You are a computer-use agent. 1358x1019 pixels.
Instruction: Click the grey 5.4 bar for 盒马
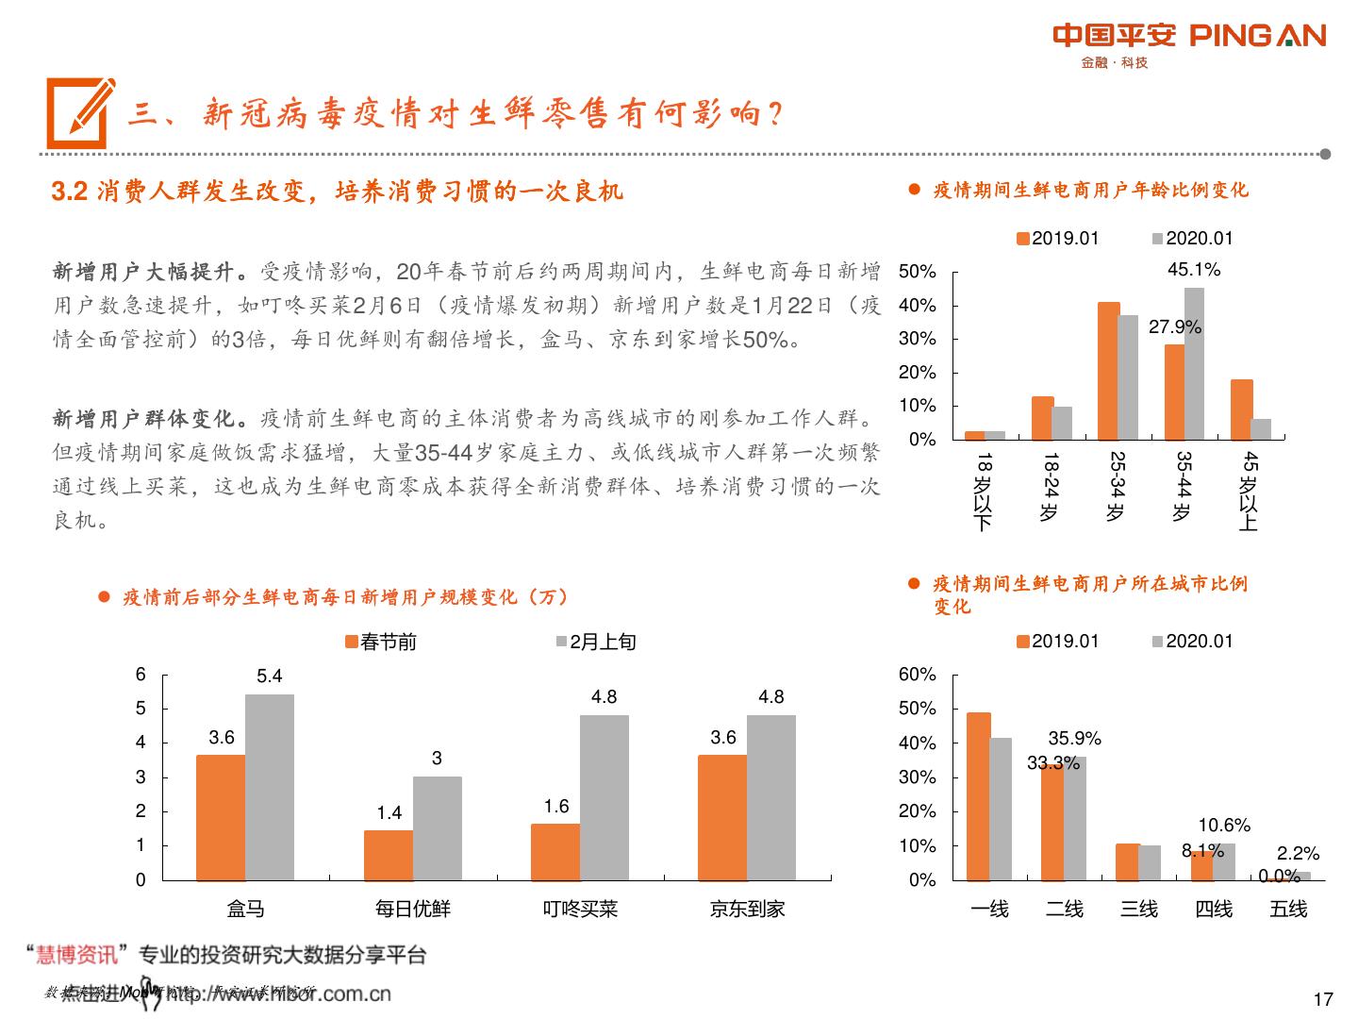[x=270, y=787]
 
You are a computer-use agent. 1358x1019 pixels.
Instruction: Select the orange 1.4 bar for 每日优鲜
[x=388, y=855]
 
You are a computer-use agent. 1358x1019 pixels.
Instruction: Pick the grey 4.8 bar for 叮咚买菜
[x=604, y=797]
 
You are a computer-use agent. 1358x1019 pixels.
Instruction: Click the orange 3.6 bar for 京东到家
[x=722, y=817]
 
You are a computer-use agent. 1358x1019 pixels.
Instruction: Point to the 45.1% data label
[x=1193, y=270]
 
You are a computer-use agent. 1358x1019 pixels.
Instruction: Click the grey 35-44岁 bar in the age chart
[x=1194, y=364]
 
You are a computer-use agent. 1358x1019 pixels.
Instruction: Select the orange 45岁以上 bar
[x=1241, y=409]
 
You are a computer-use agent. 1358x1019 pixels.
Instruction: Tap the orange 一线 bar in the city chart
[x=979, y=795]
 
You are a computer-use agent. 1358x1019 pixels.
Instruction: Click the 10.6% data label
[x=1224, y=826]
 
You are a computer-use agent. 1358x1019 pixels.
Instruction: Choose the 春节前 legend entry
[x=381, y=643]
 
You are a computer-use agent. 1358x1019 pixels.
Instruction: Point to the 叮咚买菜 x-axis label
[x=580, y=910]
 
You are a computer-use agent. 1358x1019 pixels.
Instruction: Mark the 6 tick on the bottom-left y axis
[x=141, y=675]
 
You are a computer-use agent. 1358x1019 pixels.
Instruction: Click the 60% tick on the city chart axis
[x=917, y=675]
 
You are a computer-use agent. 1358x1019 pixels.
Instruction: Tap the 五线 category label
[x=1288, y=910]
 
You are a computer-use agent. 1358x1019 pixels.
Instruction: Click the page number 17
[x=1322, y=999]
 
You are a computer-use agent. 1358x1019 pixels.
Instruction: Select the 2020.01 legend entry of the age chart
[x=1192, y=239]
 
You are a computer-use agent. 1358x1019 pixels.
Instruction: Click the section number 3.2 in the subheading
[x=70, y=192]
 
